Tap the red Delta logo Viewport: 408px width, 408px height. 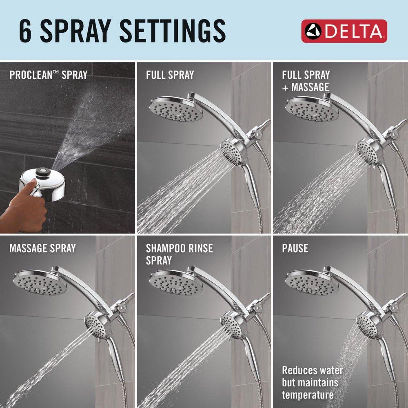(344, 31)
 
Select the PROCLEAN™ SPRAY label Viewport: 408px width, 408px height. (48, 75)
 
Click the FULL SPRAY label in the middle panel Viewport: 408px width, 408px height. (170, 75)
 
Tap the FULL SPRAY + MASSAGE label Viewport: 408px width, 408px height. (306, 81)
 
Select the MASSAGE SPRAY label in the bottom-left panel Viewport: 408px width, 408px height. (42, 248)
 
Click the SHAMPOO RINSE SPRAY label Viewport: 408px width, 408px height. (179, 254)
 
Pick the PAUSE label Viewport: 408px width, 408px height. (295, 248)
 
